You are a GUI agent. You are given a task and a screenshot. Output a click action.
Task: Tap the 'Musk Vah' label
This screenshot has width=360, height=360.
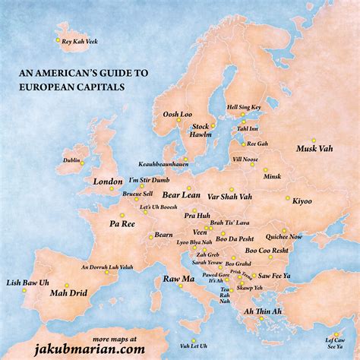313,148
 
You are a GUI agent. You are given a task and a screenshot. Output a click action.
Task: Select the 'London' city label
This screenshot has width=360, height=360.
107,182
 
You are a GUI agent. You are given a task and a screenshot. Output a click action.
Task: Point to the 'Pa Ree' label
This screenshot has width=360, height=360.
122,224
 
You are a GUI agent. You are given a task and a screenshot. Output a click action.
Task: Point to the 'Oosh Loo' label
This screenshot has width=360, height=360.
177,115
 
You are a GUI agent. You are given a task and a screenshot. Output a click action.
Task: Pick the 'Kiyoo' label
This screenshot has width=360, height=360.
302,201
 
